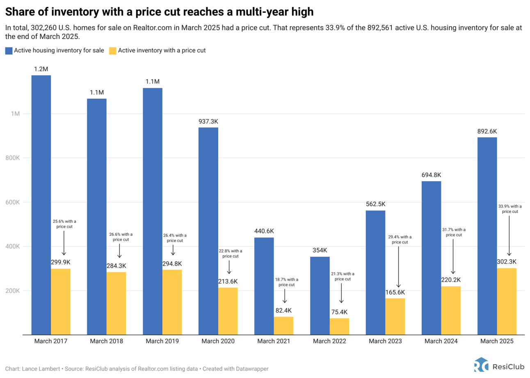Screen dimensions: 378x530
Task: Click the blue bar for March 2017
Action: (x=41, y=205)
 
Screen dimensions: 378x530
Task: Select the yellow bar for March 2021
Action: (x=283, y=326)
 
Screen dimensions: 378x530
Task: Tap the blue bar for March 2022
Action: (x=320, y=295)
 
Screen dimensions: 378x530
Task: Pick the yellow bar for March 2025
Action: (x=507, y=301)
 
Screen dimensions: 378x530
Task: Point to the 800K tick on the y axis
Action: (x=18, y=158)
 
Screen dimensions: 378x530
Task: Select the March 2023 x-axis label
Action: (x=385, y=341)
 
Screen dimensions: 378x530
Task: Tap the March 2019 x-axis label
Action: (x=162, y=341)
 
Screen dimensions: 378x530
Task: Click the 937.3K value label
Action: (x=208, y=122)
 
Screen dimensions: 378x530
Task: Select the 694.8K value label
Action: (x=431, y=175)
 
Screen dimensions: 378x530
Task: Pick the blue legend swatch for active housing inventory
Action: (x=9, y=51)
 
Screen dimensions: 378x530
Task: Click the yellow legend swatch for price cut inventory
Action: (x=112, y=51)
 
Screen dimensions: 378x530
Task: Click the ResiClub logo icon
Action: (x=481, y=364)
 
